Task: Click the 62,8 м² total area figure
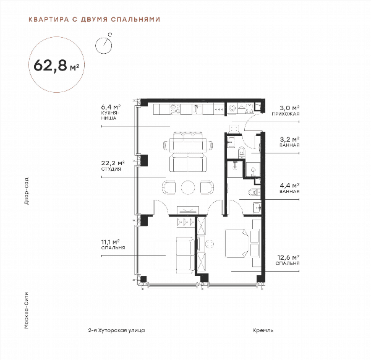[x=56, y=65]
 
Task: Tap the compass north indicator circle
[x=103, y=45]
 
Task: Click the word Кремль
[x=263, y=330]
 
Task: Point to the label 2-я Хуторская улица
[x=116, y=330]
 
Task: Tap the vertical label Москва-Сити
[x=27, y=311]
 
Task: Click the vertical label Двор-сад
[x=27, y=191]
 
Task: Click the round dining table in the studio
[x=188, y=187]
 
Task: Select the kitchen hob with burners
[x=176, y=109]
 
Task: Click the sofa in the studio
[x=188, y=163]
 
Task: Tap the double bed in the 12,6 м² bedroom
[x=237, y=243]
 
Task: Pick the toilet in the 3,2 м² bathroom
[x=241, y=153]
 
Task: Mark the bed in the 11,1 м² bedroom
[x=185, y=255]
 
